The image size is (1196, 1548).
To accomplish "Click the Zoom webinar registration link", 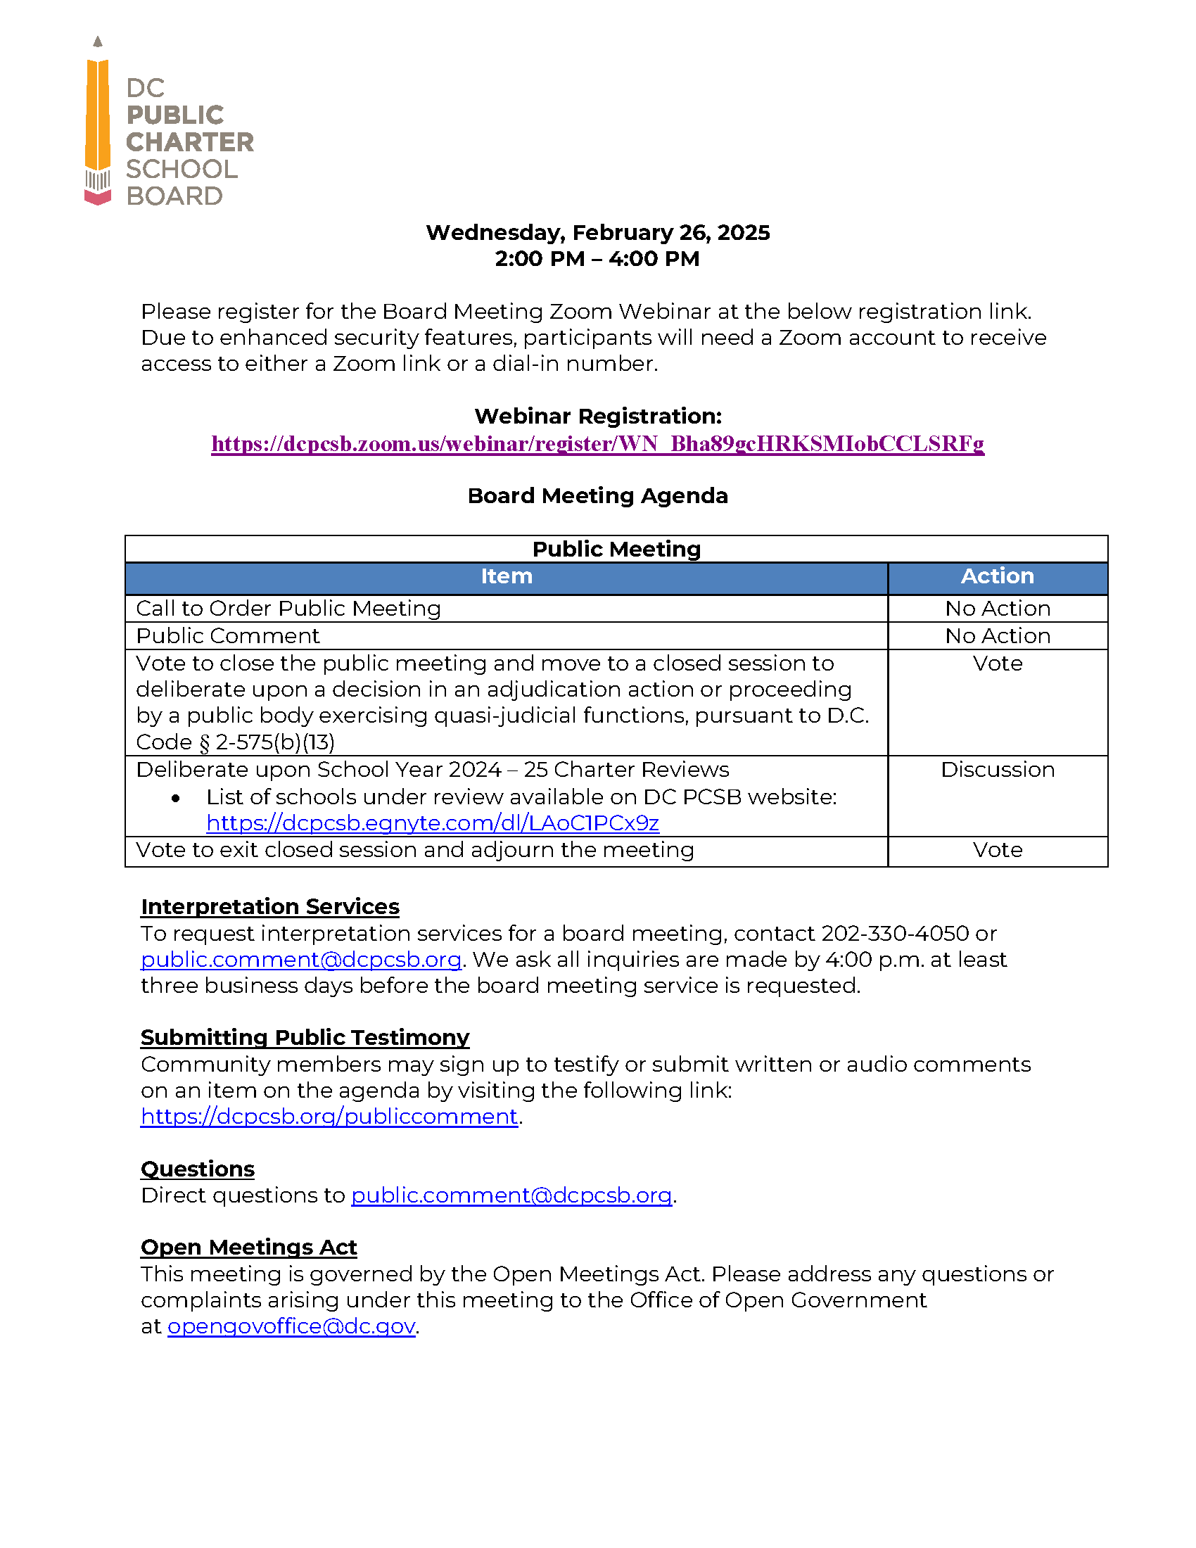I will (x=597, y=444).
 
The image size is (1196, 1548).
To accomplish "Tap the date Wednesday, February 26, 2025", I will (x=597, y=232).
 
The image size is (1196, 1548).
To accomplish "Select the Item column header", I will (x=506, y=576).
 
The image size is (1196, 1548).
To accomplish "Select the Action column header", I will (x=997, y=576).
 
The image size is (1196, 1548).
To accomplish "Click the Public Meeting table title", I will (x=616, y=549).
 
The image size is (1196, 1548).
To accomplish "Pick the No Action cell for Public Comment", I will (x=997, y=636).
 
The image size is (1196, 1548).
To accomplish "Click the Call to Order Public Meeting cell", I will (x=288, y=608).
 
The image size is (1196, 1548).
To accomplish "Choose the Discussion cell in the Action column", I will (x=997, y=769).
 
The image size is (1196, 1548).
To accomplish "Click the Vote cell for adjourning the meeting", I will (x=997, y=849).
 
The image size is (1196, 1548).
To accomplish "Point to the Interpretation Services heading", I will (x=270, y=906).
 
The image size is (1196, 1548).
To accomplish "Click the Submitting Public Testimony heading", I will (x=305, y=1037).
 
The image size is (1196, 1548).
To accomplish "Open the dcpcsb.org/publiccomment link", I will (x=329, y=1117).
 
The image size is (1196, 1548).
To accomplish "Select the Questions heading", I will (x=198, y=1169).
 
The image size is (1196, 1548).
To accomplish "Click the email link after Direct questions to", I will (x=511, y=1195).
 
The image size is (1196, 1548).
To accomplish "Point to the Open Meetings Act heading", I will (x=248, y=1247).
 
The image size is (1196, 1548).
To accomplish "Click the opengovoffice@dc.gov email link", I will (x=291, y=1326).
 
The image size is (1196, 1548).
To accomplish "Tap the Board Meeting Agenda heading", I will (x=597, y=495).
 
